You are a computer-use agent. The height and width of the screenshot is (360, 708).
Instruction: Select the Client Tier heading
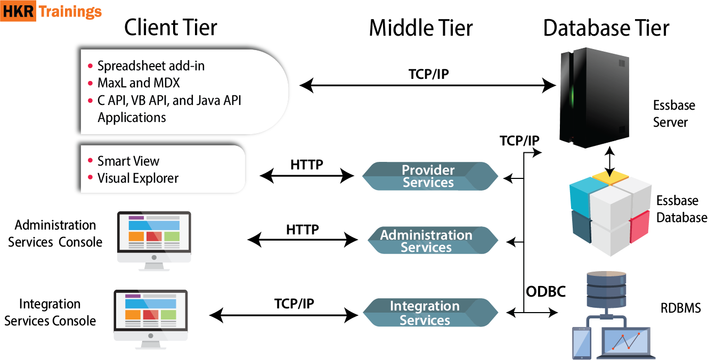(x=170, y=28)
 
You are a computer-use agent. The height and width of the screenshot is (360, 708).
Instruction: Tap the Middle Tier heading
(x=421, y=28)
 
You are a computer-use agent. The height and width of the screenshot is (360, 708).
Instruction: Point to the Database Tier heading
(x=606, y=28)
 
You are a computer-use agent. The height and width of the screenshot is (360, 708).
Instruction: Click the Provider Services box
(x=429, y=176)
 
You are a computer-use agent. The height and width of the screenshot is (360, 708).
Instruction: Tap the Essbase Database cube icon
(x=611, y=213)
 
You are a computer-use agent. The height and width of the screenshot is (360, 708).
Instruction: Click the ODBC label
(x=546, y=291)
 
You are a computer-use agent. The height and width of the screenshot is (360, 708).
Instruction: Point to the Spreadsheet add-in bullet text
(x=151, y=66)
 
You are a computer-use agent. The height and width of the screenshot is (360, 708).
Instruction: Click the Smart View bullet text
(x=128, y=161)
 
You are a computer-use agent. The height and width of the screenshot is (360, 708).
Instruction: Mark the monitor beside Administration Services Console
(x=154, y=237)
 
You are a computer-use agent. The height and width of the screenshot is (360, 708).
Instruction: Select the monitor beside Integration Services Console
(x=151, y=315)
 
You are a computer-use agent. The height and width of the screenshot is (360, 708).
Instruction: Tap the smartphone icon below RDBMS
(x=582, y=343)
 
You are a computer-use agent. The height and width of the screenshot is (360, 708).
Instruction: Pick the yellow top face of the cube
(x=611, y=178)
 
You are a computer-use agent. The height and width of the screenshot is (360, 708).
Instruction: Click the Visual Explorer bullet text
(x=137, y=178)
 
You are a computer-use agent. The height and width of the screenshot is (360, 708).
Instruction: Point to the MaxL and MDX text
(x=139, y=83)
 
